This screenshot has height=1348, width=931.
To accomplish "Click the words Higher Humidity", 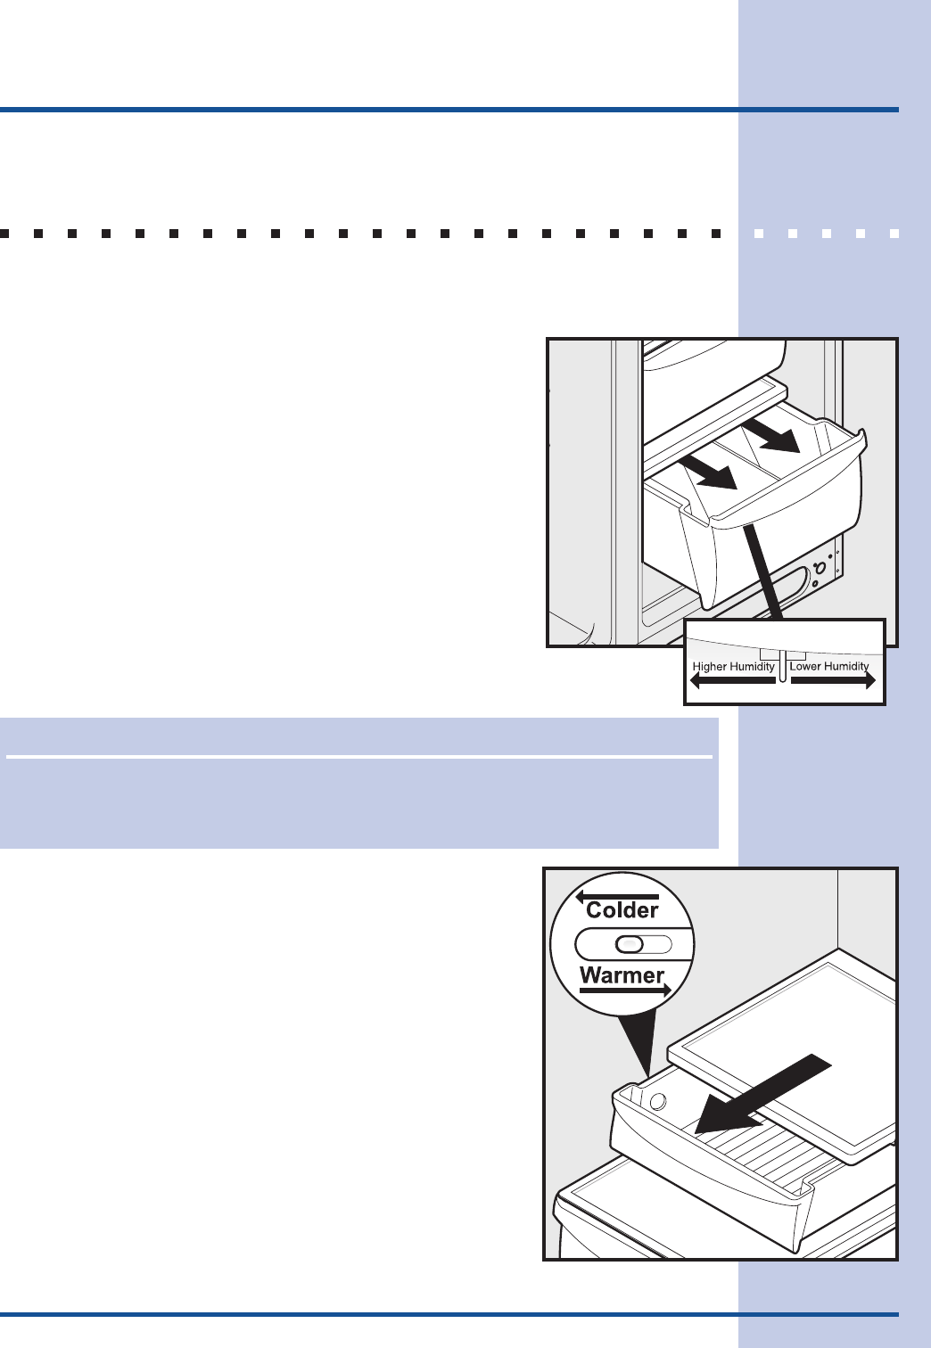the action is click(733, 667).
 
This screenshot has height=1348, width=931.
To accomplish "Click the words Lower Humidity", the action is click(828, 666).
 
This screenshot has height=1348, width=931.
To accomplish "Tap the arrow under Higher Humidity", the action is click(733, 681).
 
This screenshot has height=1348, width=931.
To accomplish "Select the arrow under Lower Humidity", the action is click(833, 681).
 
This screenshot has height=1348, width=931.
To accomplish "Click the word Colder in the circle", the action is click(622, 910).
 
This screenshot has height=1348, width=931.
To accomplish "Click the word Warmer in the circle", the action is click(622, 974).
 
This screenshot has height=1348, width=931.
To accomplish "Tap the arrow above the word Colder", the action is click(617, 897).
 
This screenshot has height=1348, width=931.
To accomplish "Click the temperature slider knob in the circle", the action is click(630, 944).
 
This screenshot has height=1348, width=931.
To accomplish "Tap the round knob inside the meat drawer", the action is click(658, 1102).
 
